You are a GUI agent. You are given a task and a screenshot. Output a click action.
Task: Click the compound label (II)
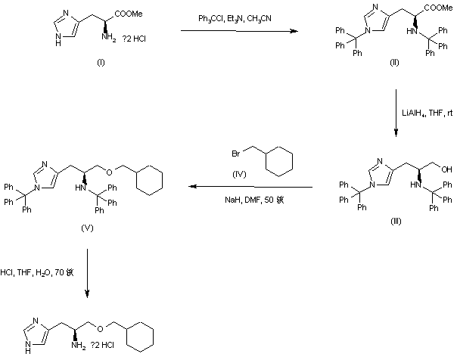coord(394,61)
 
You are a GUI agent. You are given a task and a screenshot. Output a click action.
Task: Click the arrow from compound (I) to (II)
coord(238,32)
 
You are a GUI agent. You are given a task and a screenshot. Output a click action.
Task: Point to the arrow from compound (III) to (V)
coord(252,187)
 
